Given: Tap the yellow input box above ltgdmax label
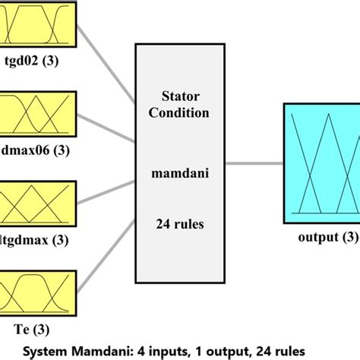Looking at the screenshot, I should (x=38, y=201).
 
